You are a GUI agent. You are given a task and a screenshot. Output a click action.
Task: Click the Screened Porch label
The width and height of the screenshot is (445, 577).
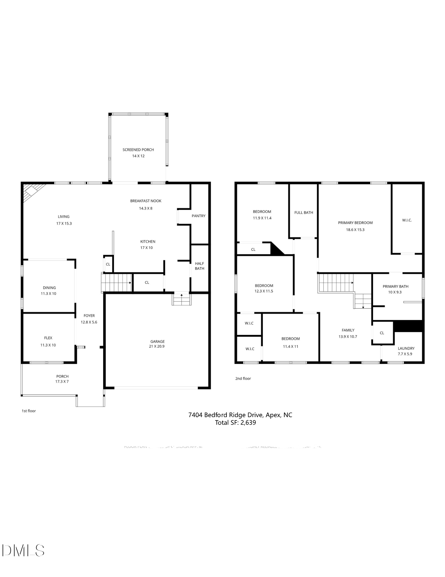pyautogui.click(x=138, y=149)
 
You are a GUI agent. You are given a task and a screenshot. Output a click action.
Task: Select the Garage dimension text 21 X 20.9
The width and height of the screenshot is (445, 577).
pyautogui.click(x=157, y=346)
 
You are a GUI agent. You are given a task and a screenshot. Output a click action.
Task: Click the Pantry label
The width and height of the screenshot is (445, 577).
pyautogui.click(x=198, y=216)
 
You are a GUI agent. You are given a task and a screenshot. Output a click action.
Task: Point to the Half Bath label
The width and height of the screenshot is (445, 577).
pyautogui.click(x=199, y=266)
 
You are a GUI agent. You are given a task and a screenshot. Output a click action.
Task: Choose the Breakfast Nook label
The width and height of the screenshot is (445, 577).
pyautogui.click(x=146, y=201)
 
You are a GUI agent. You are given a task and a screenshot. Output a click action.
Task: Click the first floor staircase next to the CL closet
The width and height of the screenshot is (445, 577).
pyautogui.click(x=116, y=283)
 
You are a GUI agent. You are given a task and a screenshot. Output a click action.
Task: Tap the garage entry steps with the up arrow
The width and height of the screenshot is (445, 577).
pyautogui.click(x=181, y=299)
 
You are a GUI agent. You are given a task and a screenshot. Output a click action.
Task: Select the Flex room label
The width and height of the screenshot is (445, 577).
pyautogui.click(x=48, y=338)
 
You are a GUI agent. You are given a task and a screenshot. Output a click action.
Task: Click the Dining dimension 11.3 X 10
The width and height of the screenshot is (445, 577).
pyautogui.click(x=48, y=293)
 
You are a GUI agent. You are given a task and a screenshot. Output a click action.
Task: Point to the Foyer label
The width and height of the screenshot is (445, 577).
pyautogui.click(x=89, y=316)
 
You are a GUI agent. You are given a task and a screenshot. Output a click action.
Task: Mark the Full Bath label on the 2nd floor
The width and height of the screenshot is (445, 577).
pyautogui.click(x=304, y=213)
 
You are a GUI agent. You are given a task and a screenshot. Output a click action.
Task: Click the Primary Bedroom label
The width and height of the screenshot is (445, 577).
pyautogui.click(x=355, y=223)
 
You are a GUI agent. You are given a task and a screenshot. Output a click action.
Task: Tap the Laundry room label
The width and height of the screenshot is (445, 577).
pyautogui.click(x=406, y=348)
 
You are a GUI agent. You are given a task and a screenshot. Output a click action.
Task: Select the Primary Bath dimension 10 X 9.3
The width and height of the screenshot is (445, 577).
pyautogui.click(x=395, y=292)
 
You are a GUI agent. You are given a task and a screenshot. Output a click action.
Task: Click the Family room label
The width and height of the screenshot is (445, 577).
pyautogui.click(x=348, y=330)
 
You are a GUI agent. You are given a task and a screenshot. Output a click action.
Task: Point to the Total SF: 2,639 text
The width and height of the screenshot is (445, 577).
pyautogui.click(x=235, y=423)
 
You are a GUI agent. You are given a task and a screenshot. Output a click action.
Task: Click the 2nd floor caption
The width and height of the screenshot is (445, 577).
pyautogui.click(x=243, y=379)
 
